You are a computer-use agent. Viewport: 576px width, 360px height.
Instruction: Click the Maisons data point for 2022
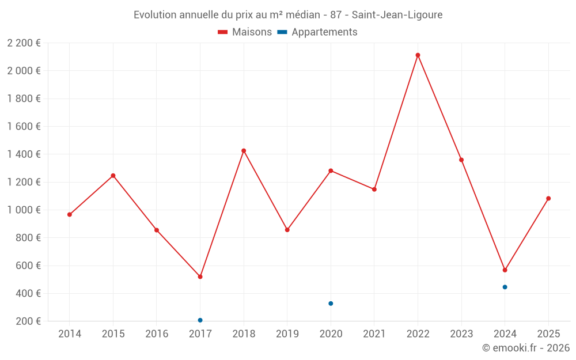(x=418, y=55)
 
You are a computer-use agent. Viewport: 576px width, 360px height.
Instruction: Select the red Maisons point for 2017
(x=200, y=277)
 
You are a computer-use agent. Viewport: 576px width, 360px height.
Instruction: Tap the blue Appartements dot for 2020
(x=331, y=304)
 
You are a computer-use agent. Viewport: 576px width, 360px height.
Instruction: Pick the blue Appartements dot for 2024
(x=505, y=287)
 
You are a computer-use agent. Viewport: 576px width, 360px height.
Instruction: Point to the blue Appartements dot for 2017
(x=200, y=320)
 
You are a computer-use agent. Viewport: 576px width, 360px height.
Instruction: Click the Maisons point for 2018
(x=244, y=151)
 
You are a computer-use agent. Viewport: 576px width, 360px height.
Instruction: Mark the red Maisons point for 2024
(x=505, y=270)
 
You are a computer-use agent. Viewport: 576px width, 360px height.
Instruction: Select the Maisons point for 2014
(x=70, y=215)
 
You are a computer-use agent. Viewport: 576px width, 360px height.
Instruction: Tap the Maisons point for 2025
(x=548, y=199)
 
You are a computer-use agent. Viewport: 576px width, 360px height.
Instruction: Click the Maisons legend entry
(x=245, y=32)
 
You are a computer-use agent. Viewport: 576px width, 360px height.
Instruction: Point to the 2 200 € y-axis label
(x=24, y=43)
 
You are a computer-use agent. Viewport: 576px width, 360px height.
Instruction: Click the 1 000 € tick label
(x=24, y=210)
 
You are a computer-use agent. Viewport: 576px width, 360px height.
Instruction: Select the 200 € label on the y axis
(x=28, y=321)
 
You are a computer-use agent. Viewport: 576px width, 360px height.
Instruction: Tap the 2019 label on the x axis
(x=287, y=334)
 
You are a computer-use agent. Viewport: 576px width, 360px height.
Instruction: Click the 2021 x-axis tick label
(x=374, y=334)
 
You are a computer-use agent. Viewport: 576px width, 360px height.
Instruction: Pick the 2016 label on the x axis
(x=157, y=334)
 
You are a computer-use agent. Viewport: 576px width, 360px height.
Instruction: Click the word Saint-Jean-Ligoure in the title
(x=397, y=15)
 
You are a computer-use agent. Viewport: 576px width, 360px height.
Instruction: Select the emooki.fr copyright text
(x=525, y=348)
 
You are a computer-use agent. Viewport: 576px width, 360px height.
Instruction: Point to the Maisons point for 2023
(x=461, y=160)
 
